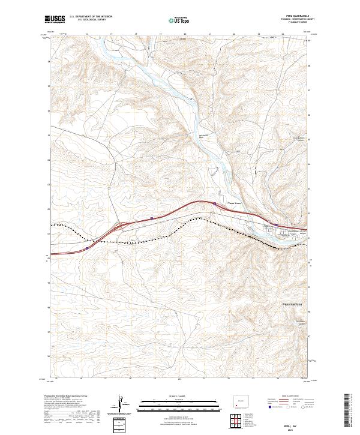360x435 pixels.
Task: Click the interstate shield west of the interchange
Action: (x=88, y=247)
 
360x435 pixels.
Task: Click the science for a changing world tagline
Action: (x=55, y=24)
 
